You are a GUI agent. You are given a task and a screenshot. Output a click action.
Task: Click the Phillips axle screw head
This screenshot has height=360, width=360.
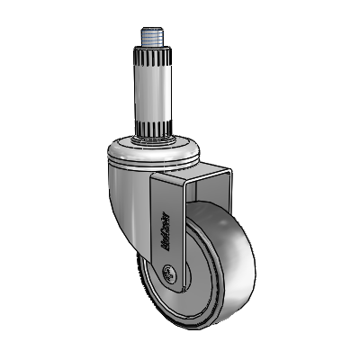tap(168, 274)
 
